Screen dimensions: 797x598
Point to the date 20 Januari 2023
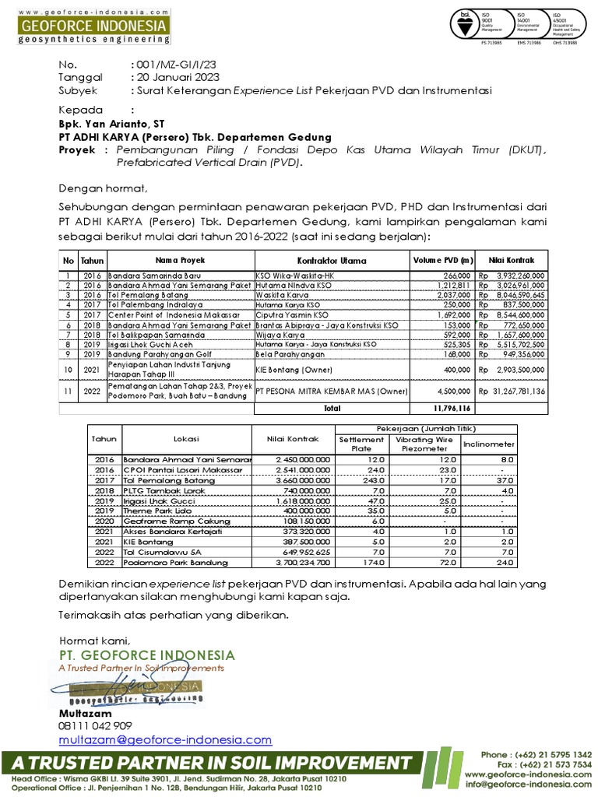click(x=178, y=77)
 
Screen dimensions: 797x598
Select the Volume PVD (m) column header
click(x=442, y=260)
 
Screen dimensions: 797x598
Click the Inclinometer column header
click(x=488, y=444)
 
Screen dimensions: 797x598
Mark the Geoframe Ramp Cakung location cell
click(x=160, y=521)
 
